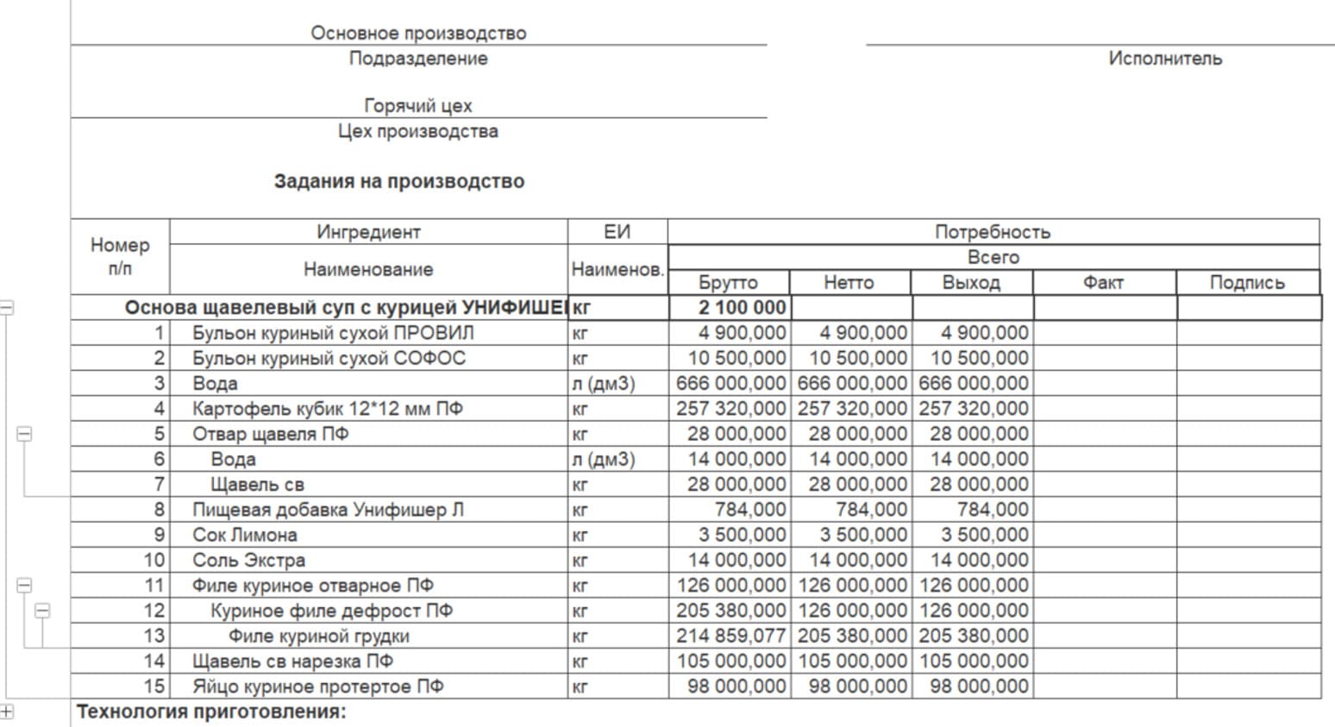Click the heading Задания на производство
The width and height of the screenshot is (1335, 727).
(x=399, y=182)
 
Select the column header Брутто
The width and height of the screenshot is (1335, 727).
(x=728, y=283)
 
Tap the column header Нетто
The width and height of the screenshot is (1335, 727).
(x=849, y=283)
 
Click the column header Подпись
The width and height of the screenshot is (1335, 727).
(x=1247, y=283)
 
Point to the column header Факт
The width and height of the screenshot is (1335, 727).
(x=1103, y=283)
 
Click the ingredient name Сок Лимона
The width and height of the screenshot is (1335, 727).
(x=245, y=535)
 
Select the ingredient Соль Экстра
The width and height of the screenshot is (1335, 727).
(x=248, y=561)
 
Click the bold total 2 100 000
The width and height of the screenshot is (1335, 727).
(x=743, y=308)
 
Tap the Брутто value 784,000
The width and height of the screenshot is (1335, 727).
(x=750, y=510)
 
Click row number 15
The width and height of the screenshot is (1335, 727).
(x=154, y=686)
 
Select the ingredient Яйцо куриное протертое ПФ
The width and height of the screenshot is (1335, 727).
(x=318, y=686)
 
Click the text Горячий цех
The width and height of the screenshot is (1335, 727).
(x=418, y=106)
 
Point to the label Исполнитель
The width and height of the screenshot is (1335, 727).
(x=1165, y=59)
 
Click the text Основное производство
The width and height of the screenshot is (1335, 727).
(x=418, y=34)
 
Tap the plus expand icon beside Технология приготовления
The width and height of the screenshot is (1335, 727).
(x=7, y=711)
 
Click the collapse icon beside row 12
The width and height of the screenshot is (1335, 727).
(x=42, y=611)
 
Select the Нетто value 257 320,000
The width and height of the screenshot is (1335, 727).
(x=852, y=409)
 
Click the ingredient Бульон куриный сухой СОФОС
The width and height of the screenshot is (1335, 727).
(x=329, y=358)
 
